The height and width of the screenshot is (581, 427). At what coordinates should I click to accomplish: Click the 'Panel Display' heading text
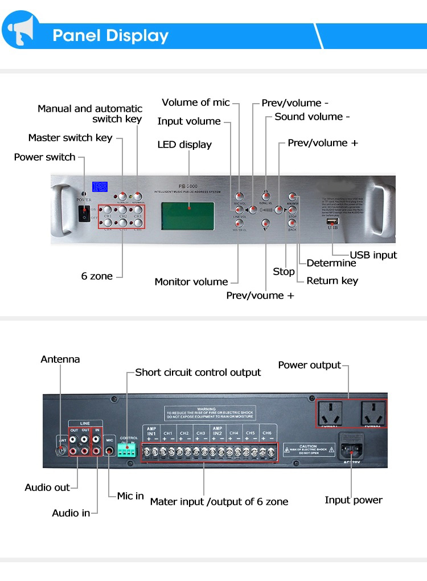point(110,36)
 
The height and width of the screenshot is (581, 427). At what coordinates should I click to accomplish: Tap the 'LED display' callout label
point(184,145)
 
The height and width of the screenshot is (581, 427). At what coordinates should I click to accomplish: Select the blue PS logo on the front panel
point(100,187)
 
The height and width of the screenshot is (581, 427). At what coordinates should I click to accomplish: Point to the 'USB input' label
point(373,255)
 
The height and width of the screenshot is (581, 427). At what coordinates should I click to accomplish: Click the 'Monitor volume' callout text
point(191,281)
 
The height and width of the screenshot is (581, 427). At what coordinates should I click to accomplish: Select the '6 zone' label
point(97,276)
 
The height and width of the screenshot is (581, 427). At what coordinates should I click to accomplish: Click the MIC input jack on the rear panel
point(110,450)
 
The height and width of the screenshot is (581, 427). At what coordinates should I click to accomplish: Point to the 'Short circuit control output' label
point(198,373)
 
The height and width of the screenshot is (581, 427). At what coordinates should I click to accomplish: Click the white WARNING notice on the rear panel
point(210,413)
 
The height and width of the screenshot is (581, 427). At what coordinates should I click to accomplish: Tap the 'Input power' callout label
point(353,500)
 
